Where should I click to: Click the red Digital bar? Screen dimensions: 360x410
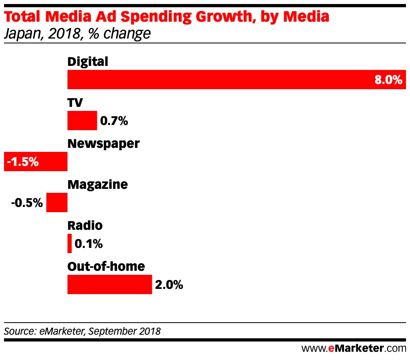(217, 79)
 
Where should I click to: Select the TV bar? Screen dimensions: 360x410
(82, 121)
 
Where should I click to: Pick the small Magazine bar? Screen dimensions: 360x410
(57, 202)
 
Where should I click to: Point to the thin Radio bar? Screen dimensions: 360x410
(70, 243)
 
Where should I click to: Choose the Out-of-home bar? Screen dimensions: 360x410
(109, 284)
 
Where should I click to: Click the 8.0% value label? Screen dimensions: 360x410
(388, 80)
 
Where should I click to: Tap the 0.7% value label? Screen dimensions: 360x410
(114, 121)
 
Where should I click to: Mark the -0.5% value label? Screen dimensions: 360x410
(27, 202)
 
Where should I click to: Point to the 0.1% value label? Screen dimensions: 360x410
(89, 243)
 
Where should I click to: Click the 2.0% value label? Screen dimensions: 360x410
(169, 285)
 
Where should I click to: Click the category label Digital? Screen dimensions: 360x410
(88, 61)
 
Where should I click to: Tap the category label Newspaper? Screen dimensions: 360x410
(104, 143)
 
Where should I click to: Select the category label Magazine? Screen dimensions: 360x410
(98, 184)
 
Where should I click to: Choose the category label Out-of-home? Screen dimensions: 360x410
(106, 266)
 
